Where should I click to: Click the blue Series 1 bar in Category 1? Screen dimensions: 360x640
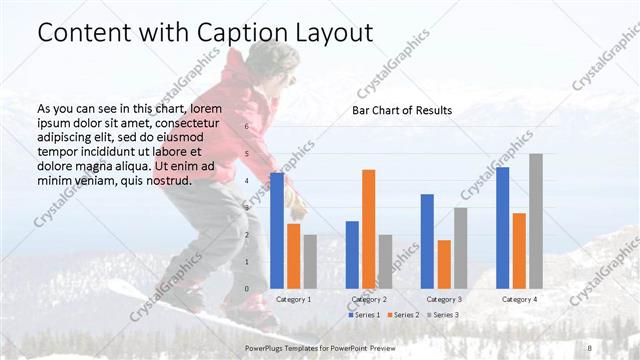pyautogui.click(x=277, y=231)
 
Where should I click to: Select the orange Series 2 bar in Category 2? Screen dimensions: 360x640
pyautogui.click(x=368, y=229)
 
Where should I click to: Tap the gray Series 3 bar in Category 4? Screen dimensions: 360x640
pyautogui.click(x=536, y=221)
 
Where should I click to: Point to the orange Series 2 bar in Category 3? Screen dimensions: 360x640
pyautogui.click(x=444, y=264)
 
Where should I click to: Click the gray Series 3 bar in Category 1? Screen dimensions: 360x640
pyautogui.click(x=310, y=261)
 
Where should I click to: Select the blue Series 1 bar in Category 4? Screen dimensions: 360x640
pyautogui.click(x=502, y=228)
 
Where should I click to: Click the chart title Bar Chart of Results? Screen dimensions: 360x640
pyautogui.click(x=401, y=110)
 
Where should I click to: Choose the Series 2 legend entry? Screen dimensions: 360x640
pyautogui.click(x=402, y=315)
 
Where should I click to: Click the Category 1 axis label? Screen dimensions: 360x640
pyautogui.click(x=293, y=299)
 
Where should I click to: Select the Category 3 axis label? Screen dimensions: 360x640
pyautogui.click(x=443, y=299)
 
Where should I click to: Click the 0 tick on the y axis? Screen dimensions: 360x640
pyautogui.click(x=248, y=289)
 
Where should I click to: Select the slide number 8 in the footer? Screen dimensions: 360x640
pyautogui.click(x=590, y=347)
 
